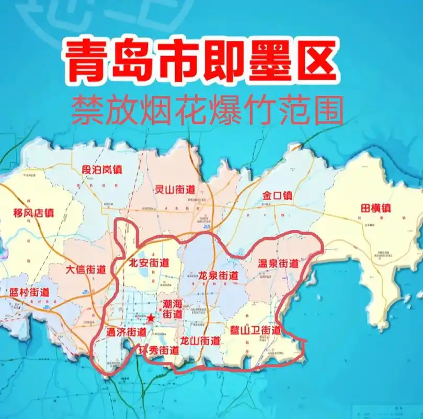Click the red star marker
pos(151,317)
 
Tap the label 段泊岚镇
pos(102,170)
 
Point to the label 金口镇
pos(278,196)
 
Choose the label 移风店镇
pos(33,213)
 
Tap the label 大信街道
pos(86,270)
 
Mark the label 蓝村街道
pos(29,293)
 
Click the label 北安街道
pos(149,263)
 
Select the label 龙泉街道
pos(218,275)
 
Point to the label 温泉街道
pos(278,263)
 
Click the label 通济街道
pos(126,332)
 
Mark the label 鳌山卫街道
pos(255,330)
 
